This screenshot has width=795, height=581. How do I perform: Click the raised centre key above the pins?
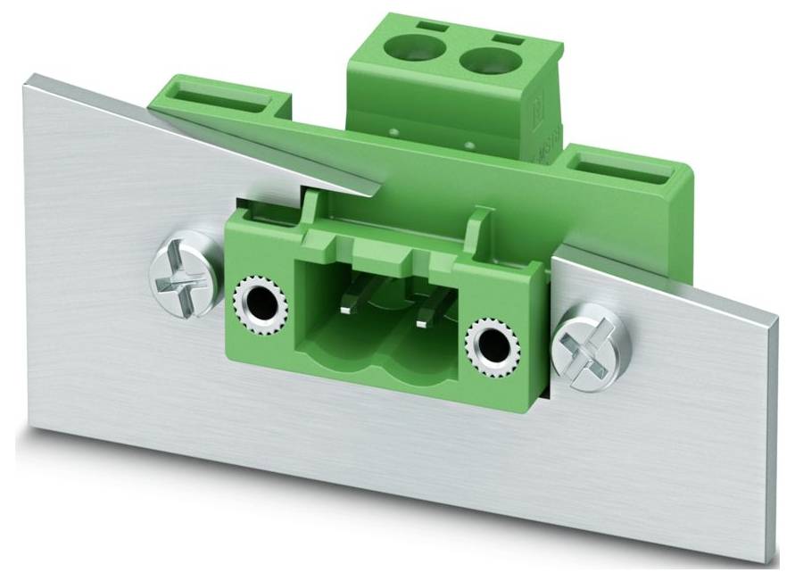point(385,251)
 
